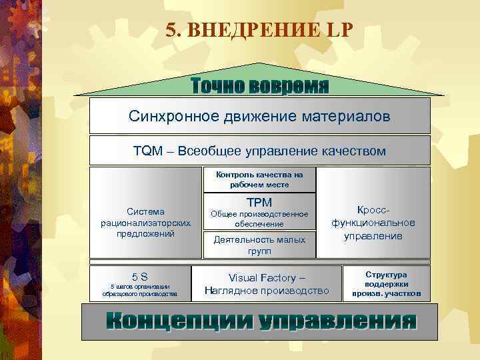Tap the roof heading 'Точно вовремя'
coord(260,86)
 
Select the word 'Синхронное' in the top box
coord(168,117)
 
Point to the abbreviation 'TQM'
coord(147,151)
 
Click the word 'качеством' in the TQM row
coord(351,151)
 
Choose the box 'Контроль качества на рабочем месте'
coord(259,179)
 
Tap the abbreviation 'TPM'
coord(259,202)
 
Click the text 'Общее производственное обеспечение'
coord(259,219)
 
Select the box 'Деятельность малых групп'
coord(259,245)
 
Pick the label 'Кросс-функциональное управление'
coord(373,223)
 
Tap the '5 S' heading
coord(139,276)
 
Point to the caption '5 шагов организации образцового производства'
coord(139,290)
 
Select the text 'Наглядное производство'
coord(267,291)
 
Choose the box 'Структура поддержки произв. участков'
coord(386,283)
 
